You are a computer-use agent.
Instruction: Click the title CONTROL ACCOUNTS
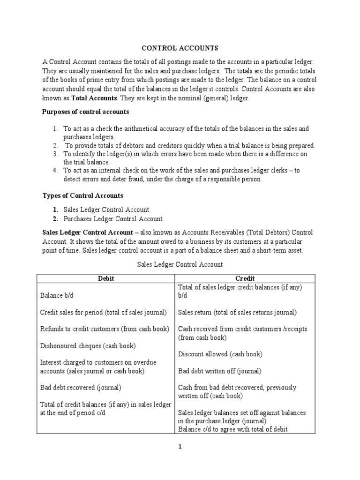(x=180, y=48)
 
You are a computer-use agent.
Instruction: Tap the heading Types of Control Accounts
(x=83, y=195)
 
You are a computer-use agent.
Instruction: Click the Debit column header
(x=105, y=278)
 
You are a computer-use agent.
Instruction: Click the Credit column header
(x=246, y=278)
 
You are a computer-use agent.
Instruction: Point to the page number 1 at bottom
(x=180, y=447)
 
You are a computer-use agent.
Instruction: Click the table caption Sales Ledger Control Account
(x=180, y=264)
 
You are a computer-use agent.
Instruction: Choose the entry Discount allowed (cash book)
(x=220, y=354)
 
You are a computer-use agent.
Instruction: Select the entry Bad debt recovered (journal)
(x=81, y=388)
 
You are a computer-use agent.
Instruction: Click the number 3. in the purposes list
(x=55, y=154)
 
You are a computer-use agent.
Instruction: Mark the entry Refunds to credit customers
(x=105, y=329)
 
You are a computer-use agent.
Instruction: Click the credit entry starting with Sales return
(x=237, y=312)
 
